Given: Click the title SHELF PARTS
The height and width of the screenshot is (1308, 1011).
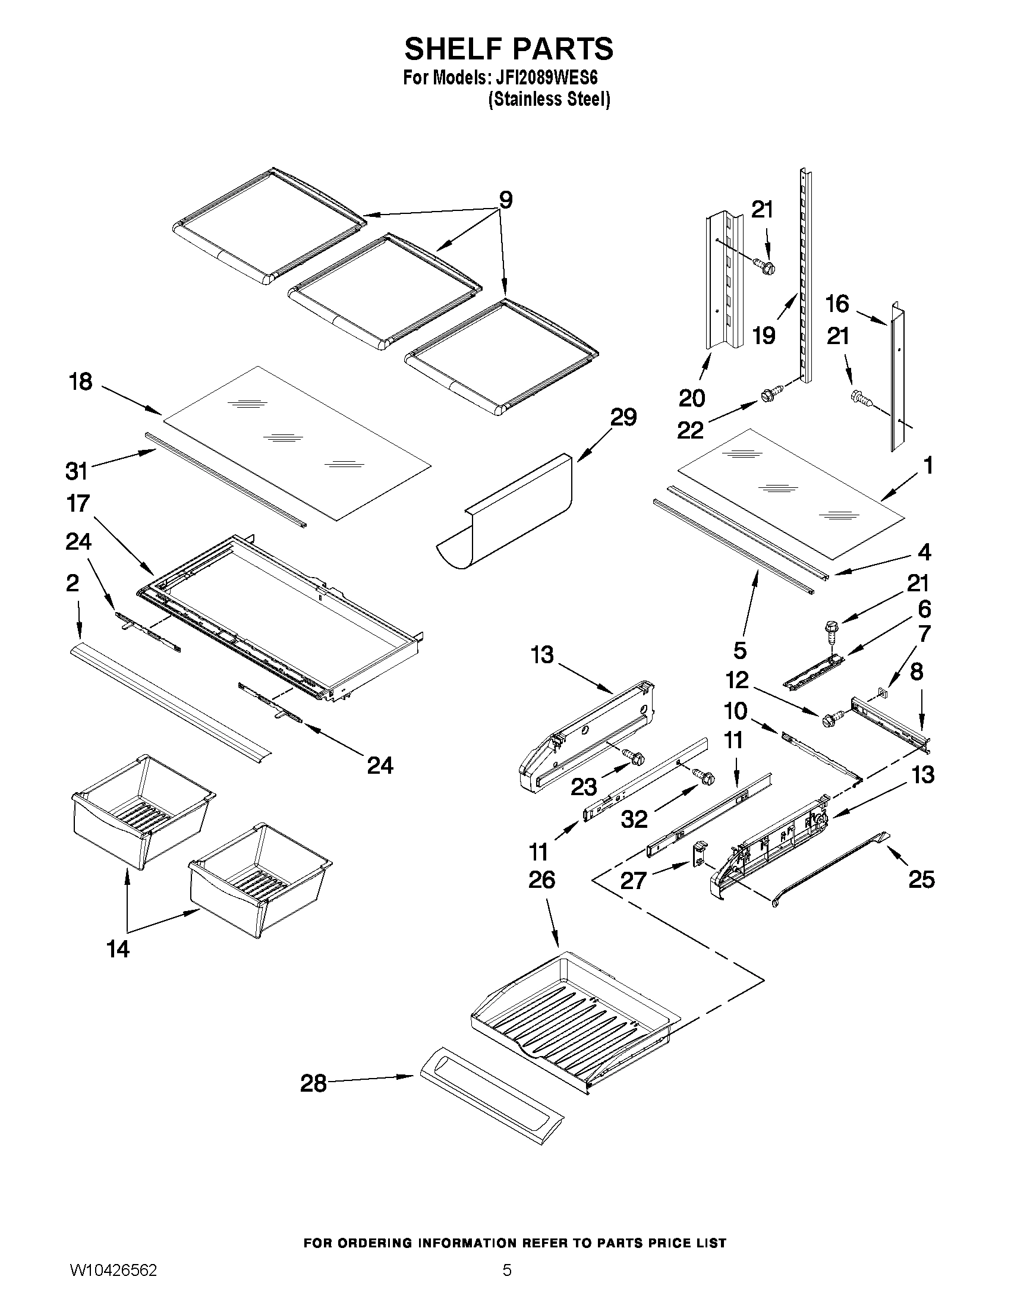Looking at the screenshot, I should [509, 49].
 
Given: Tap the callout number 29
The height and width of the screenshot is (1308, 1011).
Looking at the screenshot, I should [623, 417].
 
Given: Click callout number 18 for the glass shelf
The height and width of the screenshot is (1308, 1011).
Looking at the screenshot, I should [81, 382].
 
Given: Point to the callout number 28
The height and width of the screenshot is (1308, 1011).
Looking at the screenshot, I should [313, 1083].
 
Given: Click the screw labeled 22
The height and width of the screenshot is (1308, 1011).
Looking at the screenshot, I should [769, 395].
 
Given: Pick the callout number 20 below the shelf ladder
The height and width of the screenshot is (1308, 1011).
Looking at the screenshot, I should [692, 398].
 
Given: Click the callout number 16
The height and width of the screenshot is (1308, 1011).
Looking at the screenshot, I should [837, 304].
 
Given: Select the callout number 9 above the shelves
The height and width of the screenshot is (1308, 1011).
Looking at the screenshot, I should [505, 200].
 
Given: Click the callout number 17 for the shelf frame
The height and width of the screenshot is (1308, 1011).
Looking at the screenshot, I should [78, 504].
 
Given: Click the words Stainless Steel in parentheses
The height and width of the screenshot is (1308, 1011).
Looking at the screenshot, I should [549, 99].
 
